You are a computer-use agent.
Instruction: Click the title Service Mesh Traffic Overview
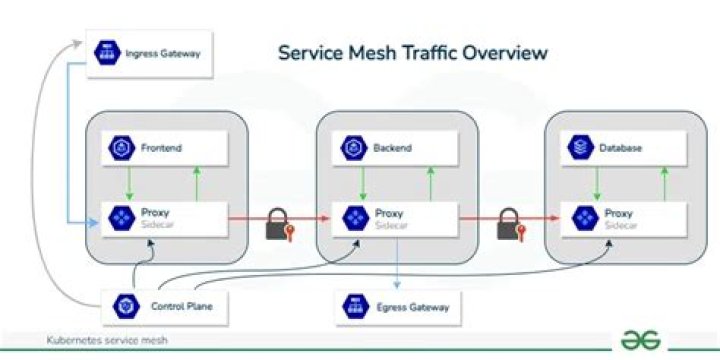tap(412, 51)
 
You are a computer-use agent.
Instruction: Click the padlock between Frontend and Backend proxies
tap(278, 225)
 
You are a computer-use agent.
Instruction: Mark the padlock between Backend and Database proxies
tap(508, 225)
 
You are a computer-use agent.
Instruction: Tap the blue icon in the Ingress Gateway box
tap(106, 51)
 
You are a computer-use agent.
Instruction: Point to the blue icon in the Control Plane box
tap(126, 306)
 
